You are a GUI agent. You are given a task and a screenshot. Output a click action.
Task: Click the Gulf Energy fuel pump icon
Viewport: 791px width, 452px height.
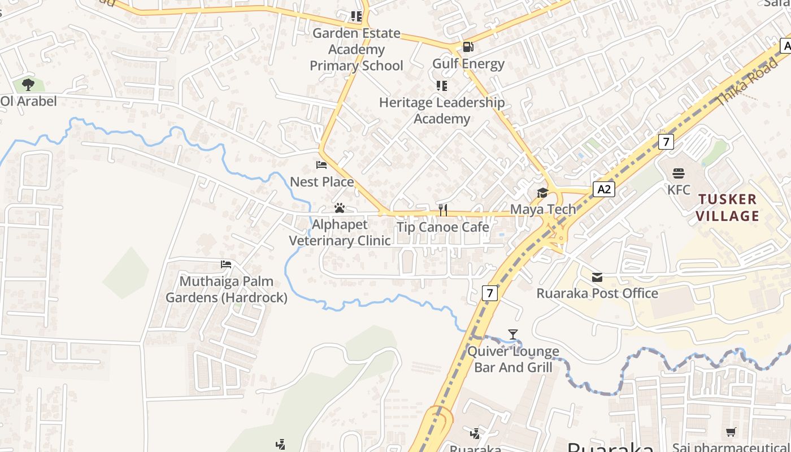[x=468, y=47]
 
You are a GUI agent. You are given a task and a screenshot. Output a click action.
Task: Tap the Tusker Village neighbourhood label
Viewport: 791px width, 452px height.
[x=727, y=207]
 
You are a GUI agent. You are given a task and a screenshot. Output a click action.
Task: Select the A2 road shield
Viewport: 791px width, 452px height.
[x=604, y=189]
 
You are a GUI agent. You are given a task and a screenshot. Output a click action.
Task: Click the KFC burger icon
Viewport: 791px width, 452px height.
[x=679, y=173]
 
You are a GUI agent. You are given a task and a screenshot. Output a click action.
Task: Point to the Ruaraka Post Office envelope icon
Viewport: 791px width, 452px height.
[x=597, y=277]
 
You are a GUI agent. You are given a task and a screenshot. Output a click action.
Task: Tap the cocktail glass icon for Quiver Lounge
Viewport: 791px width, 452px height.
[x=512, y=334]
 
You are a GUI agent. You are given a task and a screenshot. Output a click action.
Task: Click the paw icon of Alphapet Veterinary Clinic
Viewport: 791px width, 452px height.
[x=340, y=208]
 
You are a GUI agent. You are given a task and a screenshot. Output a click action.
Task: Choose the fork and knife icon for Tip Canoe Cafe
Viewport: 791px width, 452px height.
[x=443, y=210]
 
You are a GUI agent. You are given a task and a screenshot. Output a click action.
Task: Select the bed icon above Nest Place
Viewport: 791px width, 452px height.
[x=321, y=165]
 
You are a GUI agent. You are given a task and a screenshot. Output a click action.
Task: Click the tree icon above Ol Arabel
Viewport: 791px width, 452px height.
[x=28, y=85]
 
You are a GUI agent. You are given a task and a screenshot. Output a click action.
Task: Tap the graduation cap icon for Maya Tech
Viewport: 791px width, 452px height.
[x=542, y=193]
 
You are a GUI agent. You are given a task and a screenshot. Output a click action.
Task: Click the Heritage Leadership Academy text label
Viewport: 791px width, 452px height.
[x=442, y=111]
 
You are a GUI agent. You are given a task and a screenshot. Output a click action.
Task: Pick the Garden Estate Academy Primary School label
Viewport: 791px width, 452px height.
[x=357, y=50]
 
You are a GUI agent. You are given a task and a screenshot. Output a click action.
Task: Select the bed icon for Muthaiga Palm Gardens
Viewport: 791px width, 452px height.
[x=226, y=264]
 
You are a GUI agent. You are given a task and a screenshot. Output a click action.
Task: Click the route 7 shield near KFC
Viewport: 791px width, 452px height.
[x=666, y=141]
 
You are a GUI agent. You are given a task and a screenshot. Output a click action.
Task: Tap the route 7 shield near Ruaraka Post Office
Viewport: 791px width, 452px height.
[x=490, y=293]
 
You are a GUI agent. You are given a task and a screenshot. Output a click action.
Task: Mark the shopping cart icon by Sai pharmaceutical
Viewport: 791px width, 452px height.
[x=731, y=432]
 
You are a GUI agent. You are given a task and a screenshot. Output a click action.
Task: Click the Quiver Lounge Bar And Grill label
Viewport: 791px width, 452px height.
[x=513, y=359]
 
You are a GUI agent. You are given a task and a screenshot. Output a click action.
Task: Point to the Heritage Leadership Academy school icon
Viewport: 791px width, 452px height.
[x=441, y=86]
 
